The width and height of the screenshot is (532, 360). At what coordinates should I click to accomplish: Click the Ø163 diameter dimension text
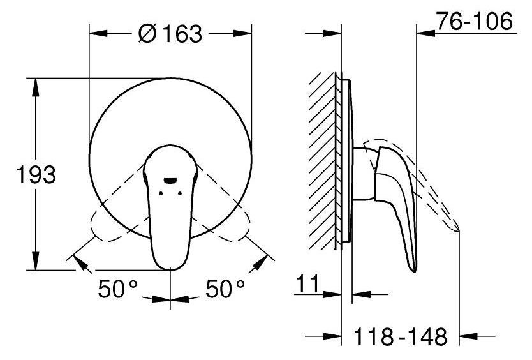pyautogui.click(x=170, y=34)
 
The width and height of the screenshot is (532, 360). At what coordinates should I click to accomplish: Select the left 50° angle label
pyautogui.click(x=117, y=289)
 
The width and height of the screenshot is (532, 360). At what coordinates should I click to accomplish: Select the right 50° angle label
pyautogui.click(x=225, y=289)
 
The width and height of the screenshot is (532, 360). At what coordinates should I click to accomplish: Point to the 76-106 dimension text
pyautogui.click(x=474, y=21)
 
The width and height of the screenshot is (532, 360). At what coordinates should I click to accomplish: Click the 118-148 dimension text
pyautogui.click(x=401, y=336)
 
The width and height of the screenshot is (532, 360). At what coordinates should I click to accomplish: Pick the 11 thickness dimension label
pyautogui.click(x=307, y=283)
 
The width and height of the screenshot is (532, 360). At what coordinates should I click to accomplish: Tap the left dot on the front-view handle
pyautogui.click(x=161, y=193)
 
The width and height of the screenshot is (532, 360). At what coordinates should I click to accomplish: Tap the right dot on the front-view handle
pyautogui.click(x=179, y=193)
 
